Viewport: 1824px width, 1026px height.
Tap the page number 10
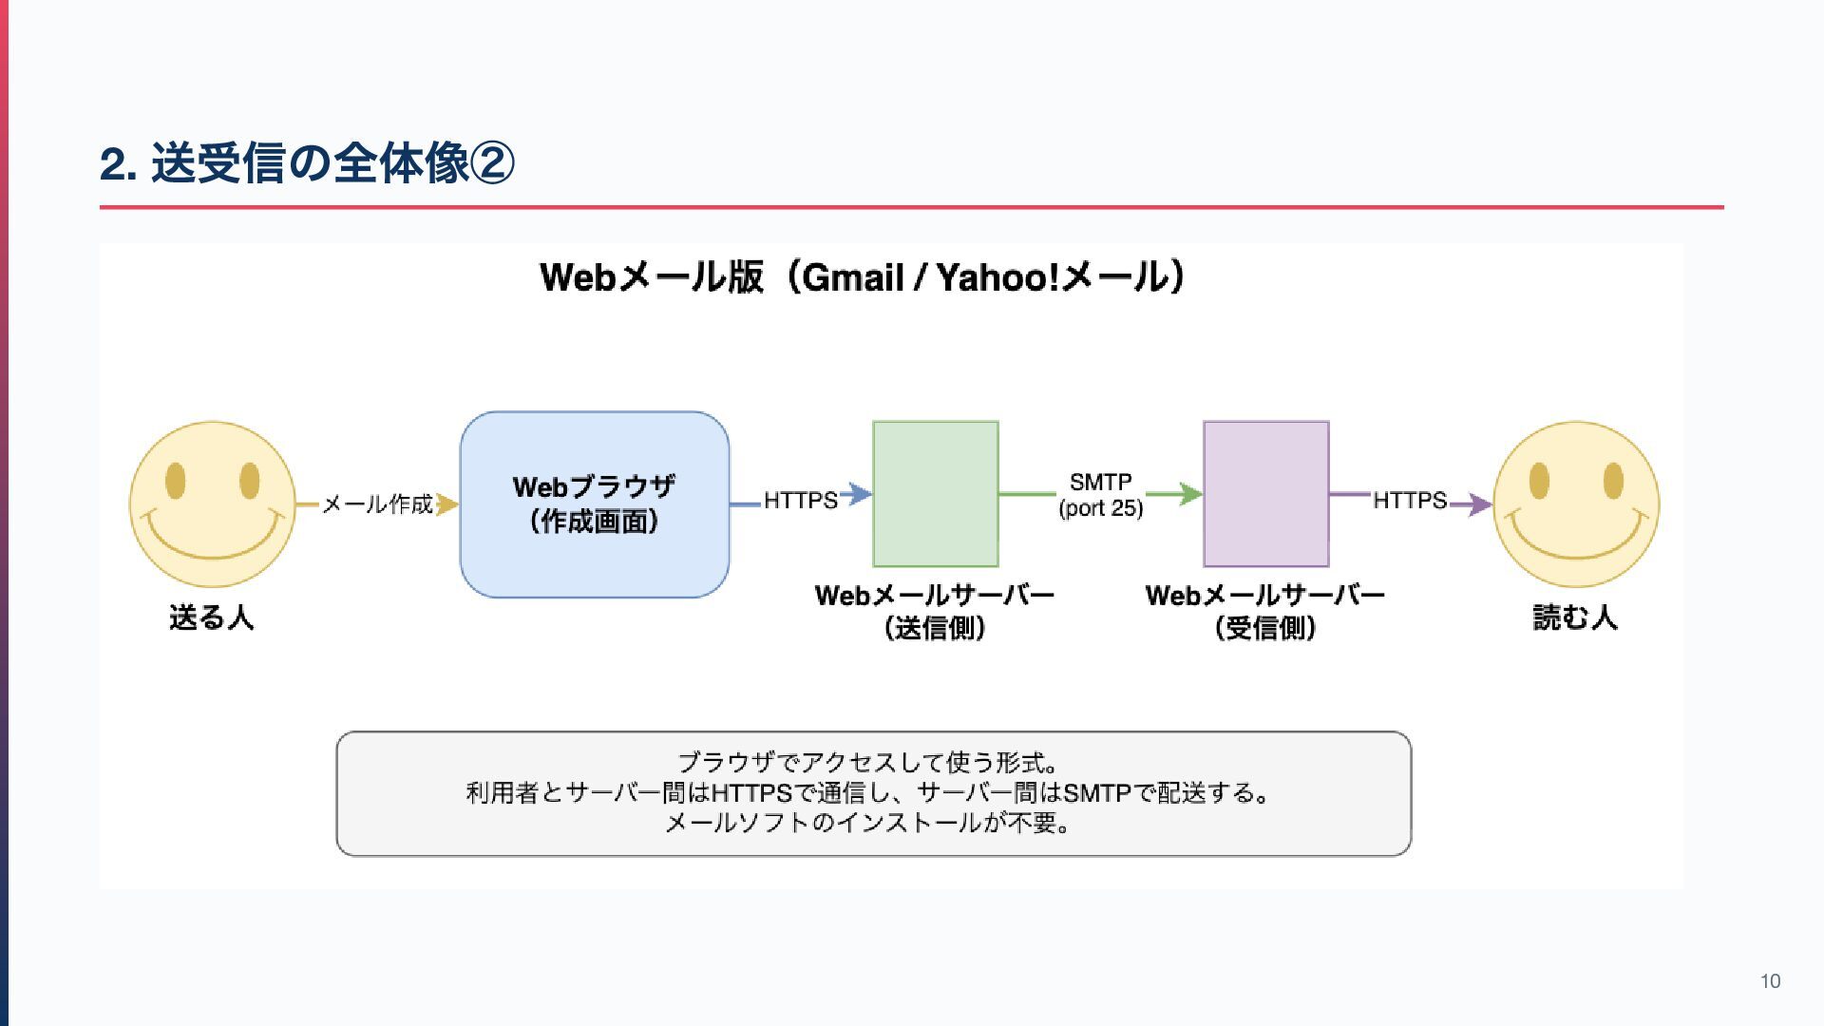[1770, 981]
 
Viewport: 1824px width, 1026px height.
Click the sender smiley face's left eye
[175, 481]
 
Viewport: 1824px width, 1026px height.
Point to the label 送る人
[211, 617]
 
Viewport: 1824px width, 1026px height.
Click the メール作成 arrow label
[377, 503]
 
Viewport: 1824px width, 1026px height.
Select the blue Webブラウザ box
[595, 503]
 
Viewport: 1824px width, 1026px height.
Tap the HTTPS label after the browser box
[800, 500]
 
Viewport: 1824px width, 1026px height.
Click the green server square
[936, 494]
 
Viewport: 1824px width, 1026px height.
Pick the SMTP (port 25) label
[1100, 495]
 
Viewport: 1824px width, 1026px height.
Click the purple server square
[1265, 494]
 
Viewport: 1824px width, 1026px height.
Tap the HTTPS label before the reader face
[1409, 500]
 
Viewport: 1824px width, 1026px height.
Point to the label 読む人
[1574, 617]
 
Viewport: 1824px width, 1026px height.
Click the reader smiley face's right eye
[1613, 481]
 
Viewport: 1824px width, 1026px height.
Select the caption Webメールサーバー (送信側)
[935, 611]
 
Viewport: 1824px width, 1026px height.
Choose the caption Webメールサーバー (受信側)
[1265, 611]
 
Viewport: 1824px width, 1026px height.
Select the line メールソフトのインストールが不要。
[868, 823]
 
